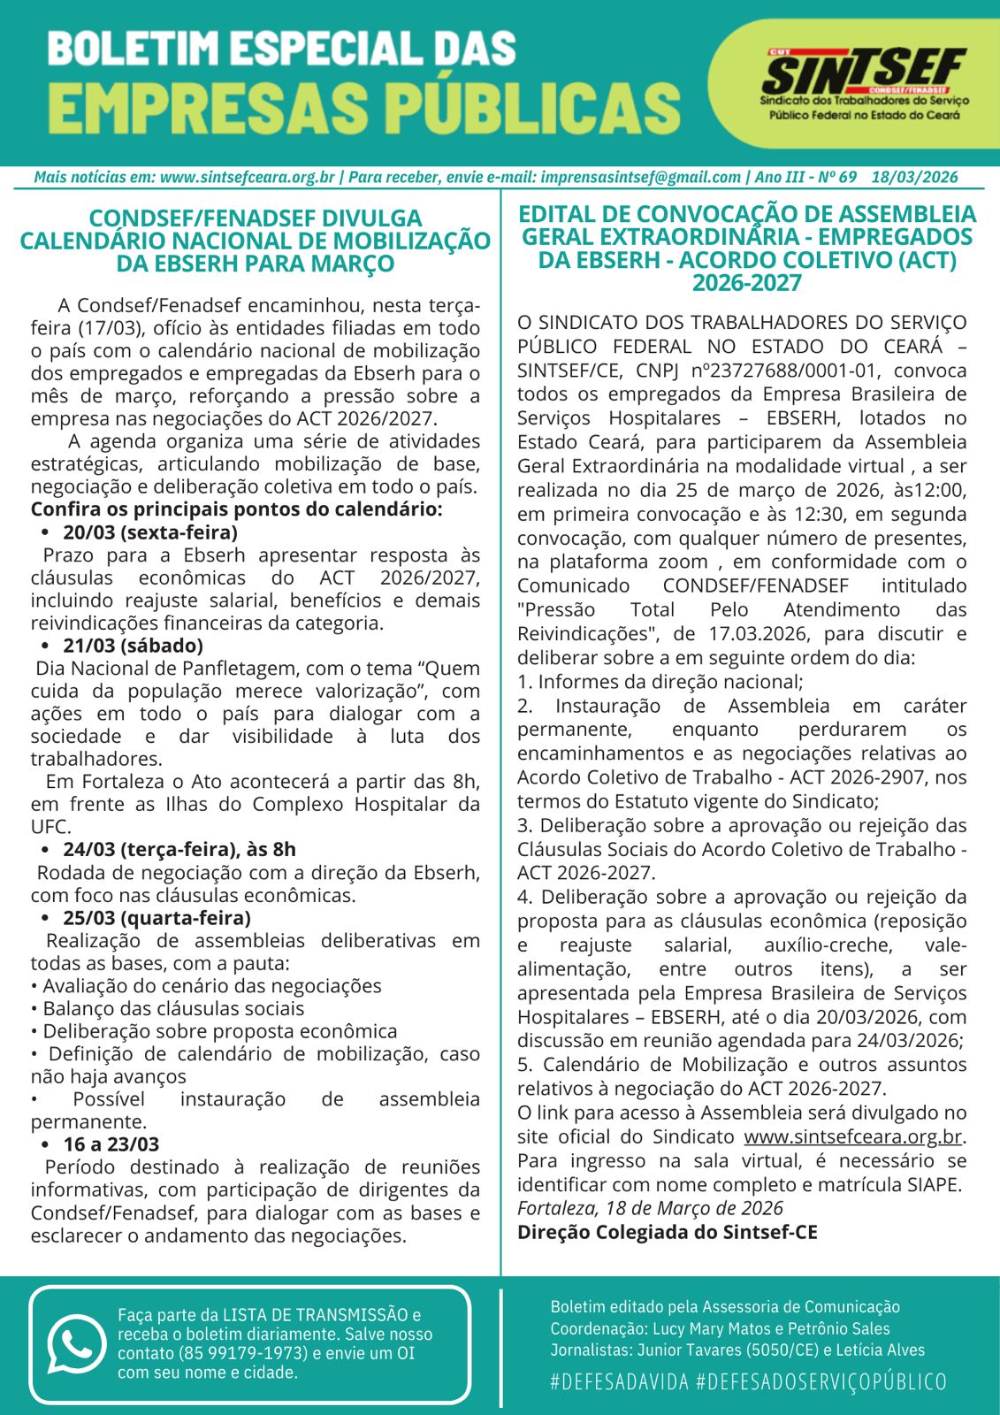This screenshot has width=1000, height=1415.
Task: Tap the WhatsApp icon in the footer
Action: pos(76,1343)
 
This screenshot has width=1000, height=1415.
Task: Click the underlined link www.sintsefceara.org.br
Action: pos(852,1137)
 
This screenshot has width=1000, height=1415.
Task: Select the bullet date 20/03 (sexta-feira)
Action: pos(149,532)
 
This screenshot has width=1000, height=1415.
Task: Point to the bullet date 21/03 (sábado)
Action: pos(133,646)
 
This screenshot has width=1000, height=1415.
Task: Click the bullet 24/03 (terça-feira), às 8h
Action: pos(179,850)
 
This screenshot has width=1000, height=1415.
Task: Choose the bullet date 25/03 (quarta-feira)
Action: pos(156,918)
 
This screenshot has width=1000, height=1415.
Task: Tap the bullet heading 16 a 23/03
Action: pos(111,1144)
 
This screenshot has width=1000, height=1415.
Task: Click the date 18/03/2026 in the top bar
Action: pos(914,177)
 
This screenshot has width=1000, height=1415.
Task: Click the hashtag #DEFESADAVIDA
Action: pos(619,1381)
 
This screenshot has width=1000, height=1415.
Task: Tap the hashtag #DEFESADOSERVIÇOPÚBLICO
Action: pos(821,1381)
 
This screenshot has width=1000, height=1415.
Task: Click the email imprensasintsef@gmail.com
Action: pos(640,177)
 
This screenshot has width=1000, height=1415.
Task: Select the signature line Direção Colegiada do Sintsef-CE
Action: pos(667,1232)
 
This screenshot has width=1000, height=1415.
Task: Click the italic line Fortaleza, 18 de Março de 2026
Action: pos(650,1208)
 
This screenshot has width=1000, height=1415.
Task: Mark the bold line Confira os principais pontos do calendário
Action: pos(236,509)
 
